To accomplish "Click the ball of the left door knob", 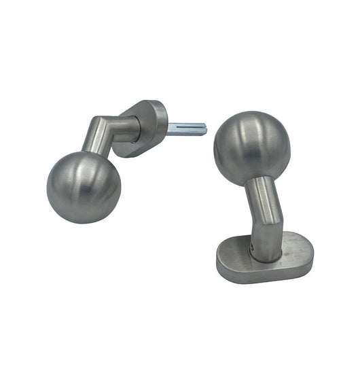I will coord(84,187).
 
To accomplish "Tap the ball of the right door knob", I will coord(252,147).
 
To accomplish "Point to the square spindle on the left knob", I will coord(185,128).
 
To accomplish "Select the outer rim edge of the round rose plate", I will coord(162,119).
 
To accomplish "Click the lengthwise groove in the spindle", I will coord(186,128).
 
